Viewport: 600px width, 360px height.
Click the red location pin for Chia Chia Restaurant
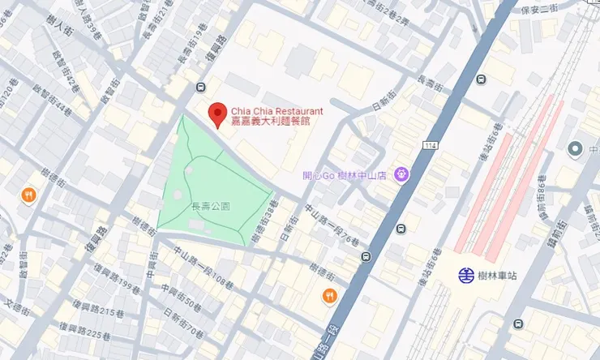(x=216, y=114)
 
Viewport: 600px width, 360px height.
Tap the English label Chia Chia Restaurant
(x=277, y=110)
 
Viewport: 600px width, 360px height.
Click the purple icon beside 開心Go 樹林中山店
(x=401, y=174)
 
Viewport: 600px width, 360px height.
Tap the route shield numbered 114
(x=430, y=145)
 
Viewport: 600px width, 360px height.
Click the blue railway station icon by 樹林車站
(x=468, y=275)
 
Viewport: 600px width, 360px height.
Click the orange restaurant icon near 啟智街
(x=28, y=195)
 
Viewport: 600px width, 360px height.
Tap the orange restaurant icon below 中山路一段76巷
(x=328, y=295)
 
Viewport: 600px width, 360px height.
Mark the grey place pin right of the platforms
(x=575, y=149)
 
